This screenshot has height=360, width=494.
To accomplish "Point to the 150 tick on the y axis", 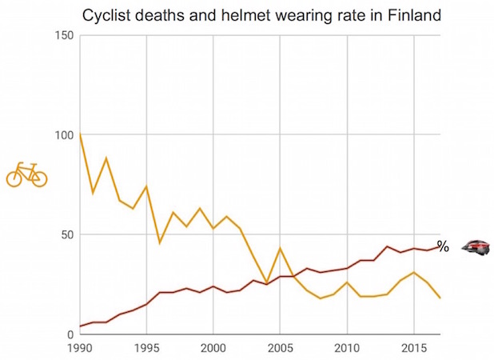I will click(x=66, y=35).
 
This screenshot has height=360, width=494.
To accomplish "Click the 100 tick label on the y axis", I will click(x=66, y=135).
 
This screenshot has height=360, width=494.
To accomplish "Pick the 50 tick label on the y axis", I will click(x=69, y=234).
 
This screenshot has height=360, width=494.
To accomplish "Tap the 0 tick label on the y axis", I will click(x=72, y=334).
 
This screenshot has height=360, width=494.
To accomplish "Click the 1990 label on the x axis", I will click(x=80, y=349).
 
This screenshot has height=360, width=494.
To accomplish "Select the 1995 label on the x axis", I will click(x=146, y=349).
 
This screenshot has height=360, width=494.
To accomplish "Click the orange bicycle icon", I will click(x=26, y=174).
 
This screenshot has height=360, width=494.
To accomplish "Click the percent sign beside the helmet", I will click(x=443, y=247).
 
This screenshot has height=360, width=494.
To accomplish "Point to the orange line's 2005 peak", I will click(x=280, y=249).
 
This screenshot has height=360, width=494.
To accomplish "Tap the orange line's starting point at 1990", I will click(x=80, y=133).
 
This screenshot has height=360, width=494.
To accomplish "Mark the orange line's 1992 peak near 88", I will click(x=106, y=158).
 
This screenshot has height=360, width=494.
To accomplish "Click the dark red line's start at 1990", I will click(x=80, y=326).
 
